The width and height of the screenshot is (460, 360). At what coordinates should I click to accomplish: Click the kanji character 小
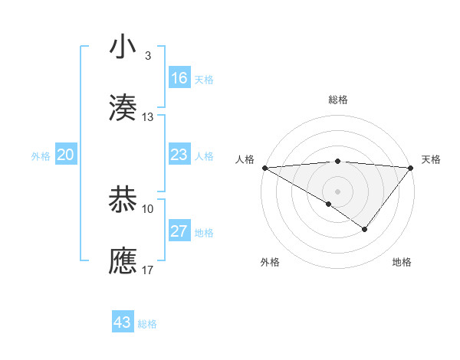[123, 47]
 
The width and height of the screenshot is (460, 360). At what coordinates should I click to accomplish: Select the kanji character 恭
[123, 200]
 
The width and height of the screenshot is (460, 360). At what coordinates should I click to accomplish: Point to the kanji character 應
[123, 261]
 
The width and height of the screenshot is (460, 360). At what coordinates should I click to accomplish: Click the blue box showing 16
[179, 78]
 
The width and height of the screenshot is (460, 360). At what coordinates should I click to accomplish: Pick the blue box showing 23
[179, 155]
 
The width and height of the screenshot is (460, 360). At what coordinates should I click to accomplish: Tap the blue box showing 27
[179, 232]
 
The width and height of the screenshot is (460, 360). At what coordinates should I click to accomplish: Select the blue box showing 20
[66, 155]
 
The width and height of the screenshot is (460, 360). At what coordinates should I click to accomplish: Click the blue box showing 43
[123, 322]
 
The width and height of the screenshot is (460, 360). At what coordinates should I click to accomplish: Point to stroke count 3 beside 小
[148, 56]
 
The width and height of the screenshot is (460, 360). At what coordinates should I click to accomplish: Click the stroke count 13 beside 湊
[148, 117]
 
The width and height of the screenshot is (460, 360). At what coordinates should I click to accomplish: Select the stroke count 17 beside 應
[148, 270]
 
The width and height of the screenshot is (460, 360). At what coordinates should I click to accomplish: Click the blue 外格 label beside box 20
[41, 155]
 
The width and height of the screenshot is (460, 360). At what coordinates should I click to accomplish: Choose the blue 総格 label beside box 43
[147, 324]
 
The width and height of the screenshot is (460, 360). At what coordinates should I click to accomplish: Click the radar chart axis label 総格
[337, 100]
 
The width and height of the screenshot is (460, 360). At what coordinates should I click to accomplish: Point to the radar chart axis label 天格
[432, 159]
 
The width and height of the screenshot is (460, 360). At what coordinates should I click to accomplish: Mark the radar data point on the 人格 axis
[264, 168]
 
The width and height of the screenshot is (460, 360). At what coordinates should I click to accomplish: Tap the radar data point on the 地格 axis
[365, 229]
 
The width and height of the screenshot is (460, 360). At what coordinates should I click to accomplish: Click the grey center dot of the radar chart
[337, 191]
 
